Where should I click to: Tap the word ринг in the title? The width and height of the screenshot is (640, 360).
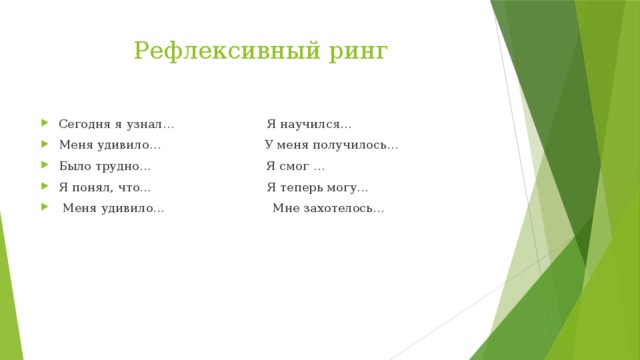[355, 51]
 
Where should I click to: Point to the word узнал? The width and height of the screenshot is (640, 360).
[149, 125]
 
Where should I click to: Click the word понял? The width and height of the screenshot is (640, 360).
[92, 188]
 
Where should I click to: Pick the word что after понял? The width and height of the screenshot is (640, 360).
[135, 188]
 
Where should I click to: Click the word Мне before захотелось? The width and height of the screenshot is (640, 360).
[285, 209]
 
